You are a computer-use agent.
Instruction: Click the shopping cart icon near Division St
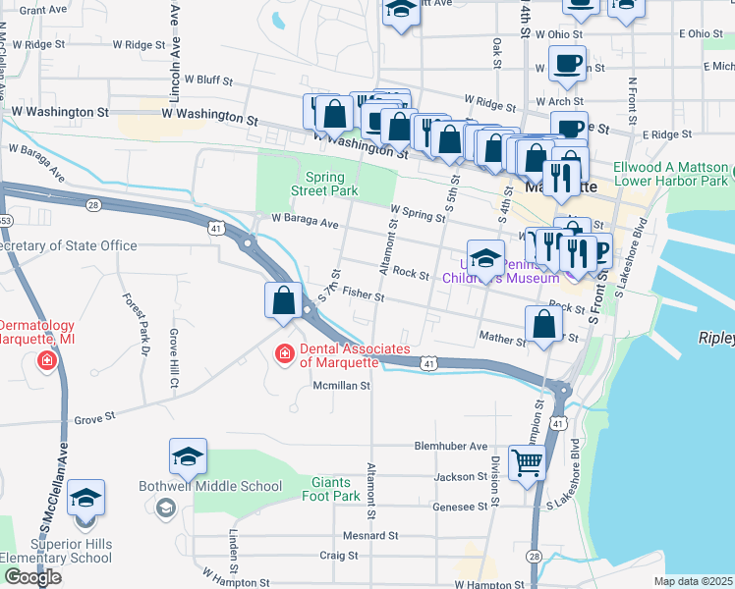[x=528, y=462]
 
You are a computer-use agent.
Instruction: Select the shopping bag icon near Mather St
[x=543, y=325]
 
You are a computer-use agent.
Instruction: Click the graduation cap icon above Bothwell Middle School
[x=188, y=456]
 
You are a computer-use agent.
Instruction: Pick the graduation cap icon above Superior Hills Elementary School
[x=85, y=498]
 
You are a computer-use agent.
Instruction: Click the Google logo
[x=32, y=577]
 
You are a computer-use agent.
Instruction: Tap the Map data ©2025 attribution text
[x=694, y=581]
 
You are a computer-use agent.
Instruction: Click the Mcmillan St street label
[x=340, y=386]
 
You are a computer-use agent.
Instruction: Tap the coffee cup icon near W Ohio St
[x=567, y=64]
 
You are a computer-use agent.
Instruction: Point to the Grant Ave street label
[x=42, y=10]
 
